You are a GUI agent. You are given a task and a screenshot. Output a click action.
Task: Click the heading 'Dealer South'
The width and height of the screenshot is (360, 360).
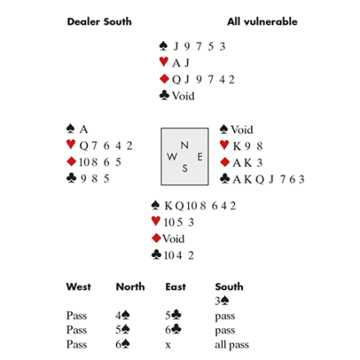99,21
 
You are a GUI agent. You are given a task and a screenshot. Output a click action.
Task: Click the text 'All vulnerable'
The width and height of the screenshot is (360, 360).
262,21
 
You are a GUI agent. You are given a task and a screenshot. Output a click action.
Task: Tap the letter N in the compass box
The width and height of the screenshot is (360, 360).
185,145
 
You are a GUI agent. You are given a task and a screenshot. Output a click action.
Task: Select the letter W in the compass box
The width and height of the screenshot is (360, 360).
172,156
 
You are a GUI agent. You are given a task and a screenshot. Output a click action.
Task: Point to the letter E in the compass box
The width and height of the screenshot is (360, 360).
200,157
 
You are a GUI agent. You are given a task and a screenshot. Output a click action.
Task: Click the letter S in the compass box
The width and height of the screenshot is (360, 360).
185,169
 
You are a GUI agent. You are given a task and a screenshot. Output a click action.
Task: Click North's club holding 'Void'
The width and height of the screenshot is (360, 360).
183,96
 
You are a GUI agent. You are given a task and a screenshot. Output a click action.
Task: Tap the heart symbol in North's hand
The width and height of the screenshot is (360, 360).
164,61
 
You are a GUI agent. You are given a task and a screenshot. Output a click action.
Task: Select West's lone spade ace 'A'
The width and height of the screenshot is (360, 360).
83,129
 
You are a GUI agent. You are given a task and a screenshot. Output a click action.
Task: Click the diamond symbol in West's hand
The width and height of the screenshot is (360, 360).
71,161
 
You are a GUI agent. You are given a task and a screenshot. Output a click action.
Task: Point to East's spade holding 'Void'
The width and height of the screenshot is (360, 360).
242,129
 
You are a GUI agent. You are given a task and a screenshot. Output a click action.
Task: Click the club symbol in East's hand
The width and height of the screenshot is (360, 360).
225,178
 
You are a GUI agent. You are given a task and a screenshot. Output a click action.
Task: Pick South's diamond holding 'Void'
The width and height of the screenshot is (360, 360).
173,239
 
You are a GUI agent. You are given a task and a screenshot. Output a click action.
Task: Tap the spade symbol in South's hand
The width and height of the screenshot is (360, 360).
155,205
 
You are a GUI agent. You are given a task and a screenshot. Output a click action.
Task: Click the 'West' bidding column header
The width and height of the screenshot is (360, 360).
79,286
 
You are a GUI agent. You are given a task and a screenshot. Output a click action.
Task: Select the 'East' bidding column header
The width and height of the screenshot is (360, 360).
176,286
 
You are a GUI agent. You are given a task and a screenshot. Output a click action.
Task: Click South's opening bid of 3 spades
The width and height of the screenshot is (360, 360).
222,301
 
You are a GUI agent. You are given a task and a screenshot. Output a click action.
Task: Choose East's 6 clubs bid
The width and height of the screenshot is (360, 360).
173,330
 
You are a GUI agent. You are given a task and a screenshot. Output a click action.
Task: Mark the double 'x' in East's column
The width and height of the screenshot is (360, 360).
168,345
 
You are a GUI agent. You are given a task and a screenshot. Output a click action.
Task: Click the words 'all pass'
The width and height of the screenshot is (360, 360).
232,344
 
